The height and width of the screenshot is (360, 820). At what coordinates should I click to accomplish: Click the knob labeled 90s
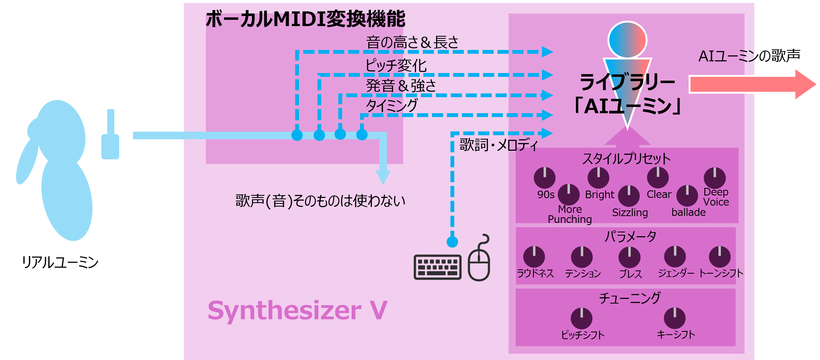544,178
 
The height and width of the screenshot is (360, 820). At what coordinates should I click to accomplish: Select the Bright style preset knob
598,178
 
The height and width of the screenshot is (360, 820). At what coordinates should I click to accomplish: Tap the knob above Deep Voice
715,178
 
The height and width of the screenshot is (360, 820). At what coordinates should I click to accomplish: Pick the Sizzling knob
629,196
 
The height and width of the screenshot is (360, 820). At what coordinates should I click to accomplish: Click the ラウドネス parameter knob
534,257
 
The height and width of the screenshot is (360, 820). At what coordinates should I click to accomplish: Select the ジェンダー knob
675,257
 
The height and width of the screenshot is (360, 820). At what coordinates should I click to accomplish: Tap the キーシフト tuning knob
674,318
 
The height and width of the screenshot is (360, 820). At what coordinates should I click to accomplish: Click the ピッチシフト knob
581,318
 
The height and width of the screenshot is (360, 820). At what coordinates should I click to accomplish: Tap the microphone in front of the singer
110,140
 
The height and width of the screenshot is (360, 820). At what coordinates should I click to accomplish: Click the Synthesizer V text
297,310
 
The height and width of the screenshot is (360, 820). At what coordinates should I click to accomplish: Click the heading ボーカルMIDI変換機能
305,19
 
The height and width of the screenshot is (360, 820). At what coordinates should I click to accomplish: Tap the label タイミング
391,105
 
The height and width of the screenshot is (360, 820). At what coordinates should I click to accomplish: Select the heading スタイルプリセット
626,159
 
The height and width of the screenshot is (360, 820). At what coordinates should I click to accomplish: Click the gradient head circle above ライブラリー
627,40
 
